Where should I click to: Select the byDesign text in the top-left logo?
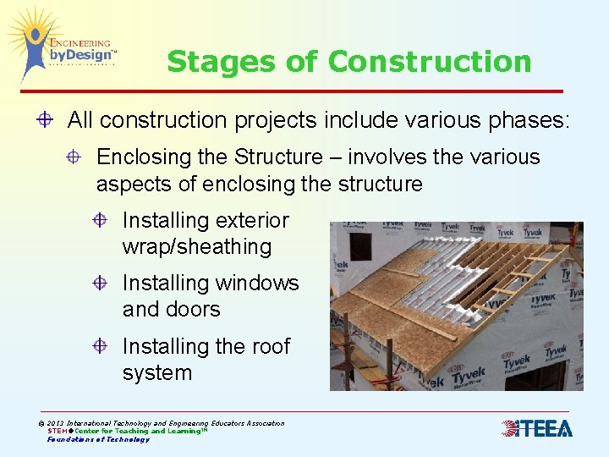click(80, 56)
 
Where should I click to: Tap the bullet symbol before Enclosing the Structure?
click(74, 157)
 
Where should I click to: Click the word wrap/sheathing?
click(197, 247)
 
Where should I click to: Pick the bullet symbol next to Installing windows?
click(101, 283)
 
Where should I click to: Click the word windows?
click(259, 283)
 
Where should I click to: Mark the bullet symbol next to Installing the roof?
click(101, 346)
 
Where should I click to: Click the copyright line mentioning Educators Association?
click(161, 423)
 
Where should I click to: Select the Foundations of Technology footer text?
click(98, 439)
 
